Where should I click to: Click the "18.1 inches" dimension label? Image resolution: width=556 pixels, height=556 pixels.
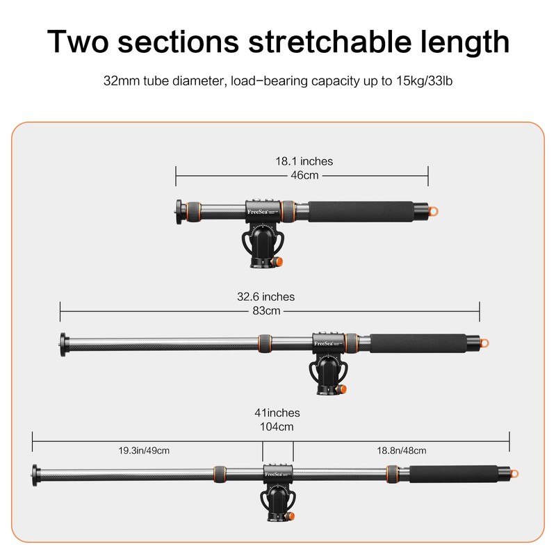point(304,161)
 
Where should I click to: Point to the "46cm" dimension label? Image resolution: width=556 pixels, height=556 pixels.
point(304,175)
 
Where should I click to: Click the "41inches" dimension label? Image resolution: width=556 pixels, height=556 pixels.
point(277,413)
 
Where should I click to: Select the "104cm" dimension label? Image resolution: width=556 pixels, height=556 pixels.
point(277,426)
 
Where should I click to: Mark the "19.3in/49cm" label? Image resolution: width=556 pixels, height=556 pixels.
point(144,450)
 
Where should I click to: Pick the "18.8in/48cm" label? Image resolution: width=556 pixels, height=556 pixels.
point(402,450)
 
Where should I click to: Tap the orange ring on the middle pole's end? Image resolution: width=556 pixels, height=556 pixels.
point(484,343)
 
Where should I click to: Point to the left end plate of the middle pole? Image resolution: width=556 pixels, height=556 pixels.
point(64,343)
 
